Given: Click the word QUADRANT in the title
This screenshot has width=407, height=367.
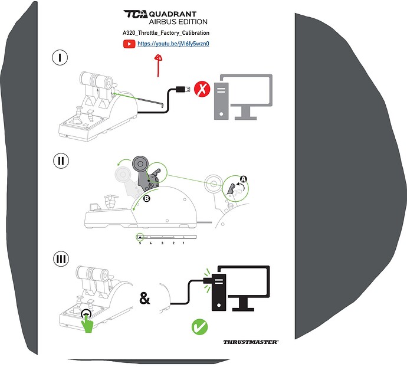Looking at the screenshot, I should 173,14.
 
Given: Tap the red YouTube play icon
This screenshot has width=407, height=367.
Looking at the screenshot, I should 129,44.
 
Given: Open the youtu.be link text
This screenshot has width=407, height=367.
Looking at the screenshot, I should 174,44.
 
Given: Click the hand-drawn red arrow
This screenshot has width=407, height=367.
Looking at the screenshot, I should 158,64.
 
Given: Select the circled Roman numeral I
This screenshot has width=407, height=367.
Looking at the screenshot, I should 60,57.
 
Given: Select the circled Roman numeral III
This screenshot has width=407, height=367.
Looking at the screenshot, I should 60,260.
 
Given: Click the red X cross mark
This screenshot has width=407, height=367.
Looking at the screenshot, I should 203,90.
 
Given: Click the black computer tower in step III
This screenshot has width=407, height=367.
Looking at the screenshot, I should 218,289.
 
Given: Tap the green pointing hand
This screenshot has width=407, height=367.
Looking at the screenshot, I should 88,323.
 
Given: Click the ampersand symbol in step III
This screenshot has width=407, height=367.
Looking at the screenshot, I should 145,299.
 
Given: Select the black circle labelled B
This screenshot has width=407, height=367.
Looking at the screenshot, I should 146,199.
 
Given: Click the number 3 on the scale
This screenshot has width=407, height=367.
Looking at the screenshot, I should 162,243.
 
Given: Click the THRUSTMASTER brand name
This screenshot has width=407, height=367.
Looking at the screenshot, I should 251,342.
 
